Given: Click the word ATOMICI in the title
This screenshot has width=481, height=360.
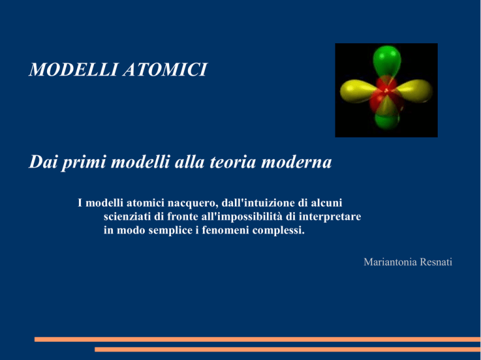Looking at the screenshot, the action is (165, 69).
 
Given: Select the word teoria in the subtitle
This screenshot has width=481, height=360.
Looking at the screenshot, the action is (232, 162).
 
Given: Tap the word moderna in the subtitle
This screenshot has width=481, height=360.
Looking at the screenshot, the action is (296, 162).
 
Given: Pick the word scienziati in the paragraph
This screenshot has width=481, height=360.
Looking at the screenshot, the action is (127, 217).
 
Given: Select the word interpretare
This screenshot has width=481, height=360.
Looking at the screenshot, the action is (330, 217).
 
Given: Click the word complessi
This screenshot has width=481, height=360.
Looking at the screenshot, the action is (279, 230).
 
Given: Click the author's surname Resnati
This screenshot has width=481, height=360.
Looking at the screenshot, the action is (436, 262).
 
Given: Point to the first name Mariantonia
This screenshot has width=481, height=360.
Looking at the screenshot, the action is (390, 262).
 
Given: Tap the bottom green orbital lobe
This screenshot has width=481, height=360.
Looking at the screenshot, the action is (387, 121).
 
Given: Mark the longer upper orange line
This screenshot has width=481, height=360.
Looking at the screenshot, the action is (257, 339).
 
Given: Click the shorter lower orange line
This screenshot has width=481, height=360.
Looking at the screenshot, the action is (287, 349).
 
